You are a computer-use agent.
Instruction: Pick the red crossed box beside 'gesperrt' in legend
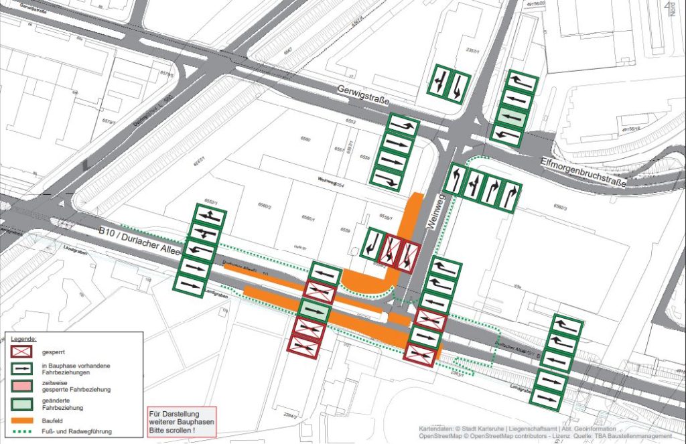(25, 351)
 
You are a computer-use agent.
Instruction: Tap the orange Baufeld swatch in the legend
(25, 420)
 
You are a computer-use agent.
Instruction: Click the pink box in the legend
(25, 385)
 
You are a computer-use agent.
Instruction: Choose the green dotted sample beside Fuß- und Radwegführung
(25, 431)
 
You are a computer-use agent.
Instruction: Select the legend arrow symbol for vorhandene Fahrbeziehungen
(25, 368)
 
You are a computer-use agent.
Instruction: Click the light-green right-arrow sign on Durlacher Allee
(314, 311)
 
